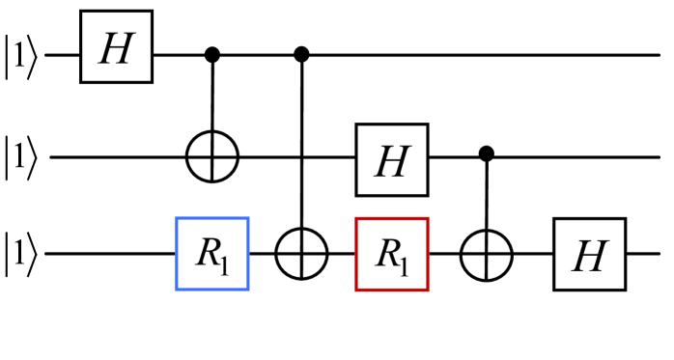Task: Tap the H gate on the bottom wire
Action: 589,255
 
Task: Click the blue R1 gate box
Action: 212,255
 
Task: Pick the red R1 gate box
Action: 392,255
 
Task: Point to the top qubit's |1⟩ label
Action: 22,55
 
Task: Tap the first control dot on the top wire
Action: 212,55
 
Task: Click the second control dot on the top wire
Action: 304,55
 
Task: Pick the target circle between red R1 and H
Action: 487,255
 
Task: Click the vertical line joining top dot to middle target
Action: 212,97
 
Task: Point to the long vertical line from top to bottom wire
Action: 304,145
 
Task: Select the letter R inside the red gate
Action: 385,254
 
